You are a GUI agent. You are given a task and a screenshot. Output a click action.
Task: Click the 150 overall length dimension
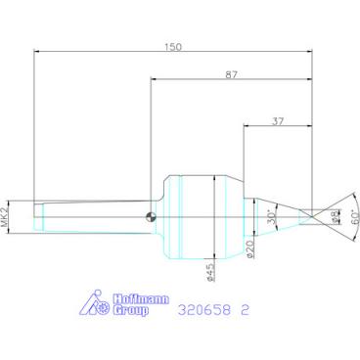(173, 47)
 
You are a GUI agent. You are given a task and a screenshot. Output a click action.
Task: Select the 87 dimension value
(232, 74)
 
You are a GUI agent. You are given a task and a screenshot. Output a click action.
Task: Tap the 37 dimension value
(278, 121)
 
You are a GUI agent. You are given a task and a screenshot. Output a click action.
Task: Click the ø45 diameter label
(210, 272)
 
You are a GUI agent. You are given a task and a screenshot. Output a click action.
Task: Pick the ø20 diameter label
(250, 249)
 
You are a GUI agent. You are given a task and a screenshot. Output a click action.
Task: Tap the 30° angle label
(270, 215)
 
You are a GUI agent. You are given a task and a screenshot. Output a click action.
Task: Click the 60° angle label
(355, 215)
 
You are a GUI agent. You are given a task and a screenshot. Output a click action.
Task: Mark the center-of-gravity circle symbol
(151, 217)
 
